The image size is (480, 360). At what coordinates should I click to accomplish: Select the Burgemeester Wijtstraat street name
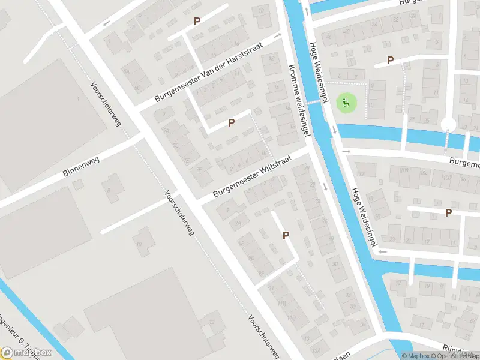tap(252, 177)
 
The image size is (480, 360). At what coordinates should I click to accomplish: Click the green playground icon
tap(345, 103)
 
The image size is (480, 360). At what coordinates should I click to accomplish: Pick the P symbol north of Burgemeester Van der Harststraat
tap(196, 22)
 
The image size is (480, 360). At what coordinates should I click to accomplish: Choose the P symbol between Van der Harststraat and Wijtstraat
tap(231, 122)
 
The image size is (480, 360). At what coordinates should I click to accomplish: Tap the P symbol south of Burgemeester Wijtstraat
tap(286, 236)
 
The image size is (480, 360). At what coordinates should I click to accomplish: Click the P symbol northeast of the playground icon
tap(390, 60)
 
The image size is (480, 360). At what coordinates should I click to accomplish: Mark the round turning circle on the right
tap(448, 124)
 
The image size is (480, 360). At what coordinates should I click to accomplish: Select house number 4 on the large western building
tap(77, 97)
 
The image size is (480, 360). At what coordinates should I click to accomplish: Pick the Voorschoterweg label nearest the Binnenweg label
tap(106, 103)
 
